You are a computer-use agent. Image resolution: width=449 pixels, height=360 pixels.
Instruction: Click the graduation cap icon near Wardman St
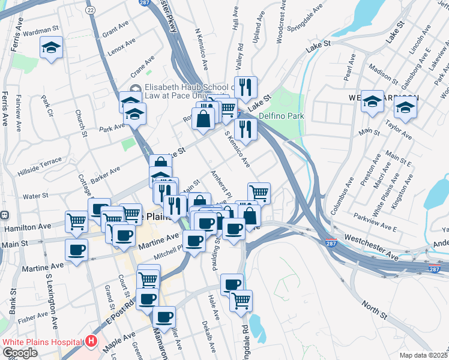point(52,47)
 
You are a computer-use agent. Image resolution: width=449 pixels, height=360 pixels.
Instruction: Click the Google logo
point(19,353)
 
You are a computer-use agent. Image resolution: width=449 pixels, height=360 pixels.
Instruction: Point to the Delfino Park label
point(282,116)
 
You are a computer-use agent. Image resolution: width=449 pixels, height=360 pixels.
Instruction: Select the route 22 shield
point(91,10)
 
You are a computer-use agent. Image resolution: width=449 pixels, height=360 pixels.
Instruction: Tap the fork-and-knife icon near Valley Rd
point(245,87)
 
